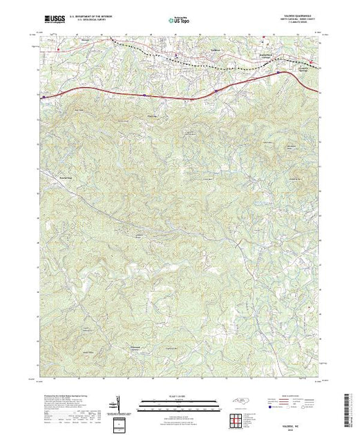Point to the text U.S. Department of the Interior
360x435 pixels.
pos(100,14)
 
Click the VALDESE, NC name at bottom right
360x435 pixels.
pos(296,420)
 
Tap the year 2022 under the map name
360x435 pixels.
pos(296,425)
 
